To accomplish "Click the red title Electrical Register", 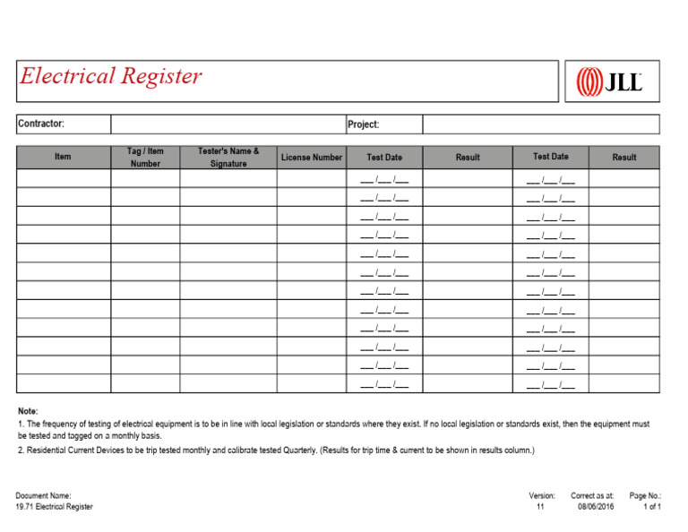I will pos(111,77).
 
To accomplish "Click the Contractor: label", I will pos(41,124).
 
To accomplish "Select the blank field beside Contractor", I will pos(228,124).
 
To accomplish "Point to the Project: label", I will pos(364,124).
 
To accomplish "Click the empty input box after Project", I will pos(540,124).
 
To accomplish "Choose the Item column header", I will pos(63,158).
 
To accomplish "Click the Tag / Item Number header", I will pos(145,158).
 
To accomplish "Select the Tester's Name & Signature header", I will pos(228,158).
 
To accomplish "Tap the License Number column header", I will pos(311,158).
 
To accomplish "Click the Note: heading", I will pos(28,411).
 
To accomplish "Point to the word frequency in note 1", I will pos(64,424).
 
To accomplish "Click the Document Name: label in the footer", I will pos(43,495).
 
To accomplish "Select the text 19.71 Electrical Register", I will pos(54,507).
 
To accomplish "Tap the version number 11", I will pos(540,507).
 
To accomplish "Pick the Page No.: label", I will pos(645,495).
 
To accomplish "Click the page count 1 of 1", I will pos(651,507).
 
